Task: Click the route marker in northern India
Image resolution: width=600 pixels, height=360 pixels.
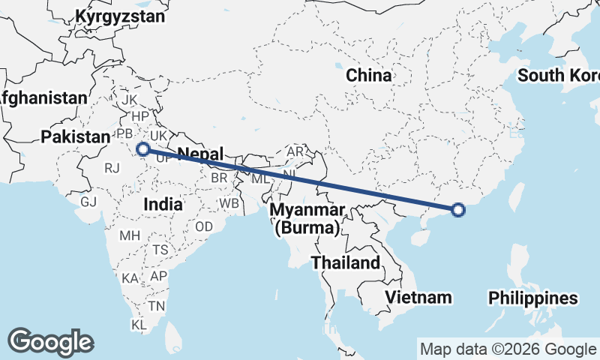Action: coord(142,149)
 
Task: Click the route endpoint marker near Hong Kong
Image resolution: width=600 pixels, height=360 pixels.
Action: coord(459,211)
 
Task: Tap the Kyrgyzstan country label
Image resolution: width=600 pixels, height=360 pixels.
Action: coord(120,15)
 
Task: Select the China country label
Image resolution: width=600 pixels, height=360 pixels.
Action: coord(368,75)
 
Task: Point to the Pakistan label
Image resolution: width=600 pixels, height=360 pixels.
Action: coord(76,136)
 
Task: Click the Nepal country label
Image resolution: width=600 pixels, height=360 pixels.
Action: coord(200,154)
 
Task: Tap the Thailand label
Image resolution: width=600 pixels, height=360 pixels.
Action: coord(346,263)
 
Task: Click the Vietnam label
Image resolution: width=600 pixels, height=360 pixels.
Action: coord(418,297)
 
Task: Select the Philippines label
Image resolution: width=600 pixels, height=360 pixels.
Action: coord(533,298)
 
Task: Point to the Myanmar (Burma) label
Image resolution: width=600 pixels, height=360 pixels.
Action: coord(307,217)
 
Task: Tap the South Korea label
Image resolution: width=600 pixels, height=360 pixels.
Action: coord(559,75)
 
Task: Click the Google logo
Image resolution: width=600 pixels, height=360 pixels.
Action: coord(50,342)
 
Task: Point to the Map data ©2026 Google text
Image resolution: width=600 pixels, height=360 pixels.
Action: coord(507,349)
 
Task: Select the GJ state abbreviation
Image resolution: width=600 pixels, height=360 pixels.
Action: coord(89,202)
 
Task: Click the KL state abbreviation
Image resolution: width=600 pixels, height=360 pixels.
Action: coord(139,325)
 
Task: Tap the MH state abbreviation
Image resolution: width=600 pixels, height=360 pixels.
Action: coord(130,235)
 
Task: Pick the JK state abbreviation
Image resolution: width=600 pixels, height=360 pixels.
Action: coord(130,100)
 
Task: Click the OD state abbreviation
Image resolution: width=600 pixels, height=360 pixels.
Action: coord(203,226)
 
